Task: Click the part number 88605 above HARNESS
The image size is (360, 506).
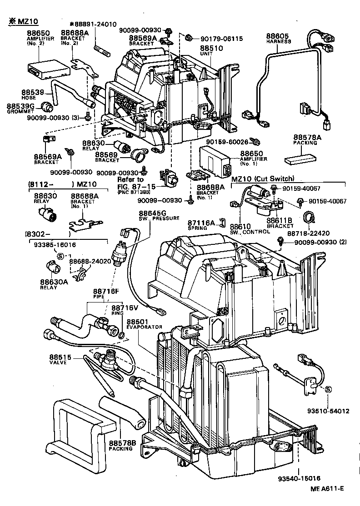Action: click(x=276, y=35)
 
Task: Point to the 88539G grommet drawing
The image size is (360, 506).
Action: click(x=47, y=107)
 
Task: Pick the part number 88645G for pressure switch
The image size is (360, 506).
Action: click(x=152, y=213)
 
